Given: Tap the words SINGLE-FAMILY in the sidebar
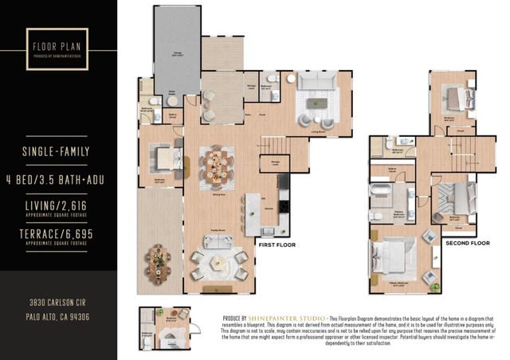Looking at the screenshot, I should (x=58, y=150).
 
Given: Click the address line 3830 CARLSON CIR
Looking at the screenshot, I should (x=58, y=303).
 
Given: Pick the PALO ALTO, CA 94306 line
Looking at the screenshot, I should (x=58, y=316).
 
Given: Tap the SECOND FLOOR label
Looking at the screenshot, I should (x=469, y=242).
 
